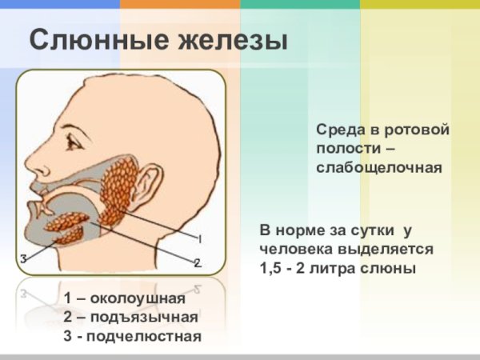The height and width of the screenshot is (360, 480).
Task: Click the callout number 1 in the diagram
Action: click(199, 239)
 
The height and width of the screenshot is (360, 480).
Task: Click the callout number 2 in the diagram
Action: click(197, 262)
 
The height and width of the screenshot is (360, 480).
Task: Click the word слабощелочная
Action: click(378, 167)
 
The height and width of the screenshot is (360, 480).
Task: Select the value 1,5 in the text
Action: click(272, 268)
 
